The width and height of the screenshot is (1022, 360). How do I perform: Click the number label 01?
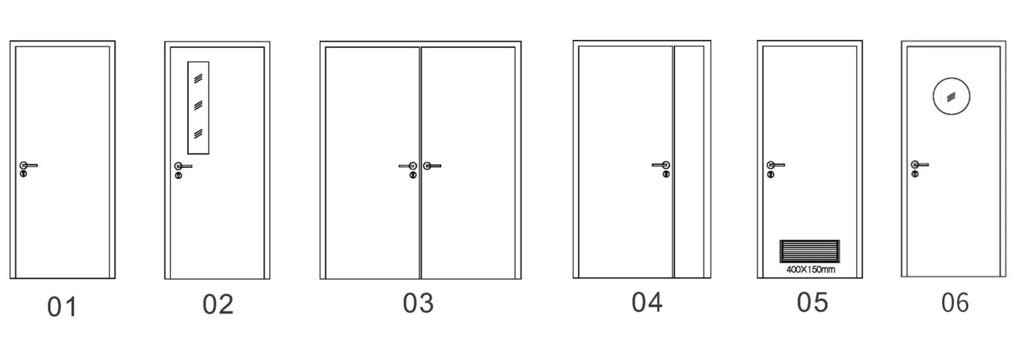[x=62, y=307]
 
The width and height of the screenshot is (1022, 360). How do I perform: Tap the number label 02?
[x=218, y=305]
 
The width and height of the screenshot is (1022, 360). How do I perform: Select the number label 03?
[x=418, y=303]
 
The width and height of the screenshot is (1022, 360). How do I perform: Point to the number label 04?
[x=647, y=303]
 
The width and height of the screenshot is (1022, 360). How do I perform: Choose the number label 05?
[x=812, y=303]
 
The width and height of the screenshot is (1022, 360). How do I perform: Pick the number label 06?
[x=955, y=303]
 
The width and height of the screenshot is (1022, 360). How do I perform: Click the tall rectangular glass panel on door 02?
[x=198, y=106]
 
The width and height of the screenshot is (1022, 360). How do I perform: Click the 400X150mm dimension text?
[x=810, y=270]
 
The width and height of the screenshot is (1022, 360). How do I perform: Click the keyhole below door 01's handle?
[x=23, y=174]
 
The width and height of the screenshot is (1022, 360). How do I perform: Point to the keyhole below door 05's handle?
[x=770, y=174]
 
